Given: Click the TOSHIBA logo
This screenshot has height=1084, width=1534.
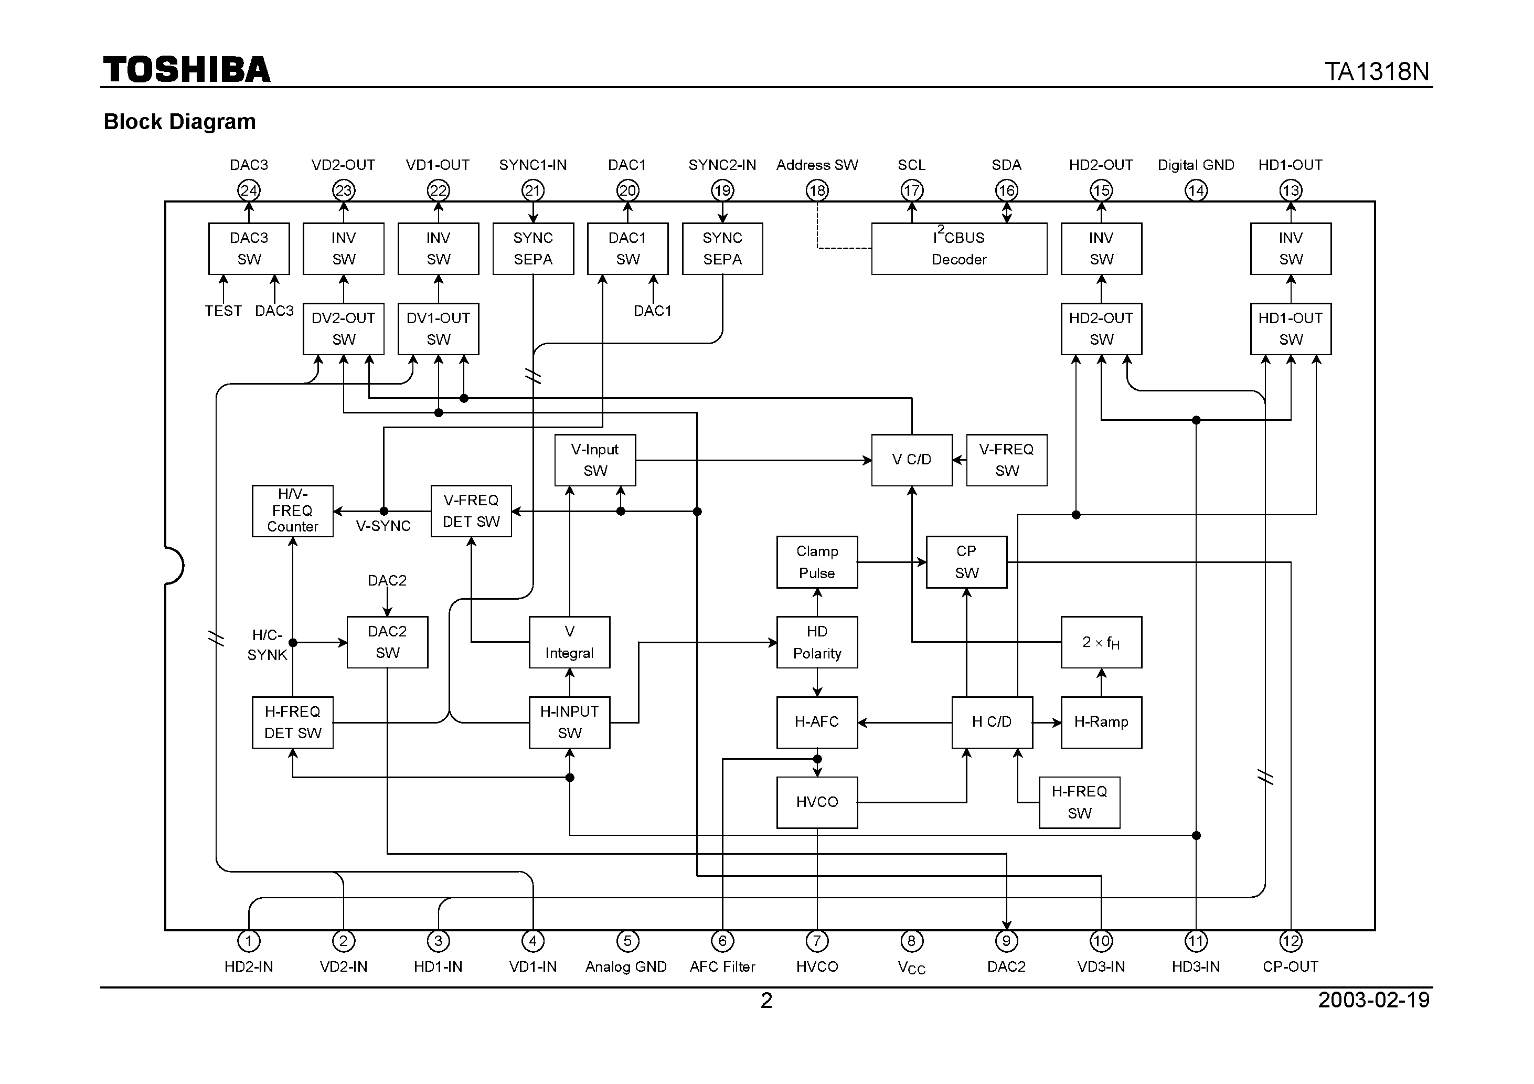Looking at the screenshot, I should click(x=186, y=69).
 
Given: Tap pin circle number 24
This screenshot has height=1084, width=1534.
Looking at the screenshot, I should click(x=249, y=190).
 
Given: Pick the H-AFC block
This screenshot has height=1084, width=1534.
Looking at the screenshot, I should click(x=816, y=722).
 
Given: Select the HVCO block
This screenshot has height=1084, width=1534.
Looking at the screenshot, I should click(x=816, y=802).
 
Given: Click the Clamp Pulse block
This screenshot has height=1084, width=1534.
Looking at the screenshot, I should click(x=816, y=562).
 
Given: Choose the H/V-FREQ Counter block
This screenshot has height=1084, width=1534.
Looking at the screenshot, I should click(x=292, y=511).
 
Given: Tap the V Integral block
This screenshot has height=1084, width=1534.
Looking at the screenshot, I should click(x=569, y=642).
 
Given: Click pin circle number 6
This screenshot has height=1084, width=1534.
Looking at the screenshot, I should click(x=722, y=941).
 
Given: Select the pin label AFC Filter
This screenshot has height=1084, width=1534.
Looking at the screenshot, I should click(x=722, y=966).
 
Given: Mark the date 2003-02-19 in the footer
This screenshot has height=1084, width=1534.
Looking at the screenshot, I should click(x=1373, y=1000).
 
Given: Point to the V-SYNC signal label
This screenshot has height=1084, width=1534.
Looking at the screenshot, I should click(x=383, y=526).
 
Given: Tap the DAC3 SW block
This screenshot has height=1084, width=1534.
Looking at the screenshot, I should click(x=249, y=249).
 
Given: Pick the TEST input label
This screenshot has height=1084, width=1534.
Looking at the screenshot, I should click(x=223, y=311).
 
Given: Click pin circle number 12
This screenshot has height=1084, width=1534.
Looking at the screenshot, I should click(x=1290, y=941).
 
